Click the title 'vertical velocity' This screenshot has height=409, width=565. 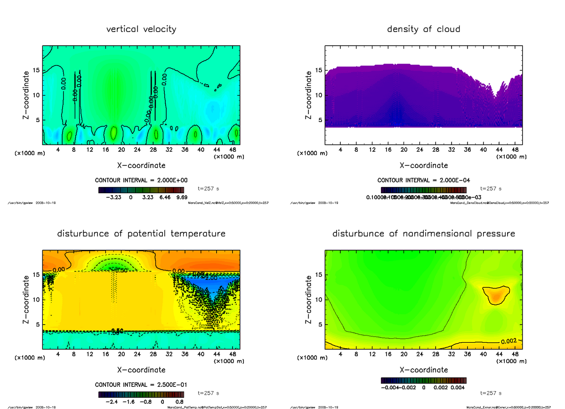point(141,29)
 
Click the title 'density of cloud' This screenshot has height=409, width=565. point(423,29)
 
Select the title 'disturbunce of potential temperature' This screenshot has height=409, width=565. point(141,234)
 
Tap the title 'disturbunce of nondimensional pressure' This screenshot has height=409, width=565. point(423,234)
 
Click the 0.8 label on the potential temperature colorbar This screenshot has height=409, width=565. point(179,402)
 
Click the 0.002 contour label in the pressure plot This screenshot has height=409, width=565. point(509,341)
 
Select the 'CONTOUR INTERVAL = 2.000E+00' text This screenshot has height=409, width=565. point(141,180)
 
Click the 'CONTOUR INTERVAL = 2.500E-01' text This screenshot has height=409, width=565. point(141,385)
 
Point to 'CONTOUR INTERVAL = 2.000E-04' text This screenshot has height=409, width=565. point(423,180)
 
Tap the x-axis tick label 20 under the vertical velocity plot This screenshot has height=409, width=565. point(121,150)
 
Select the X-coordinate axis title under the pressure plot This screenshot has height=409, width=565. point(423,370)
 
